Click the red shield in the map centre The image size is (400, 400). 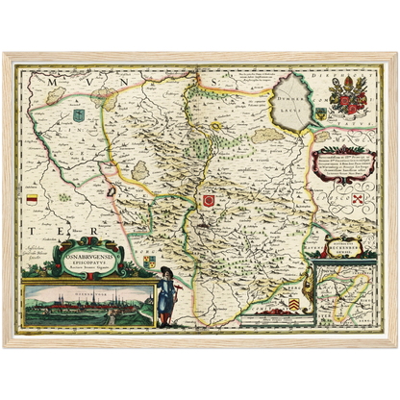click(x=208, y=200)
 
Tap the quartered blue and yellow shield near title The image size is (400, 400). click(x=148, y=260)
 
